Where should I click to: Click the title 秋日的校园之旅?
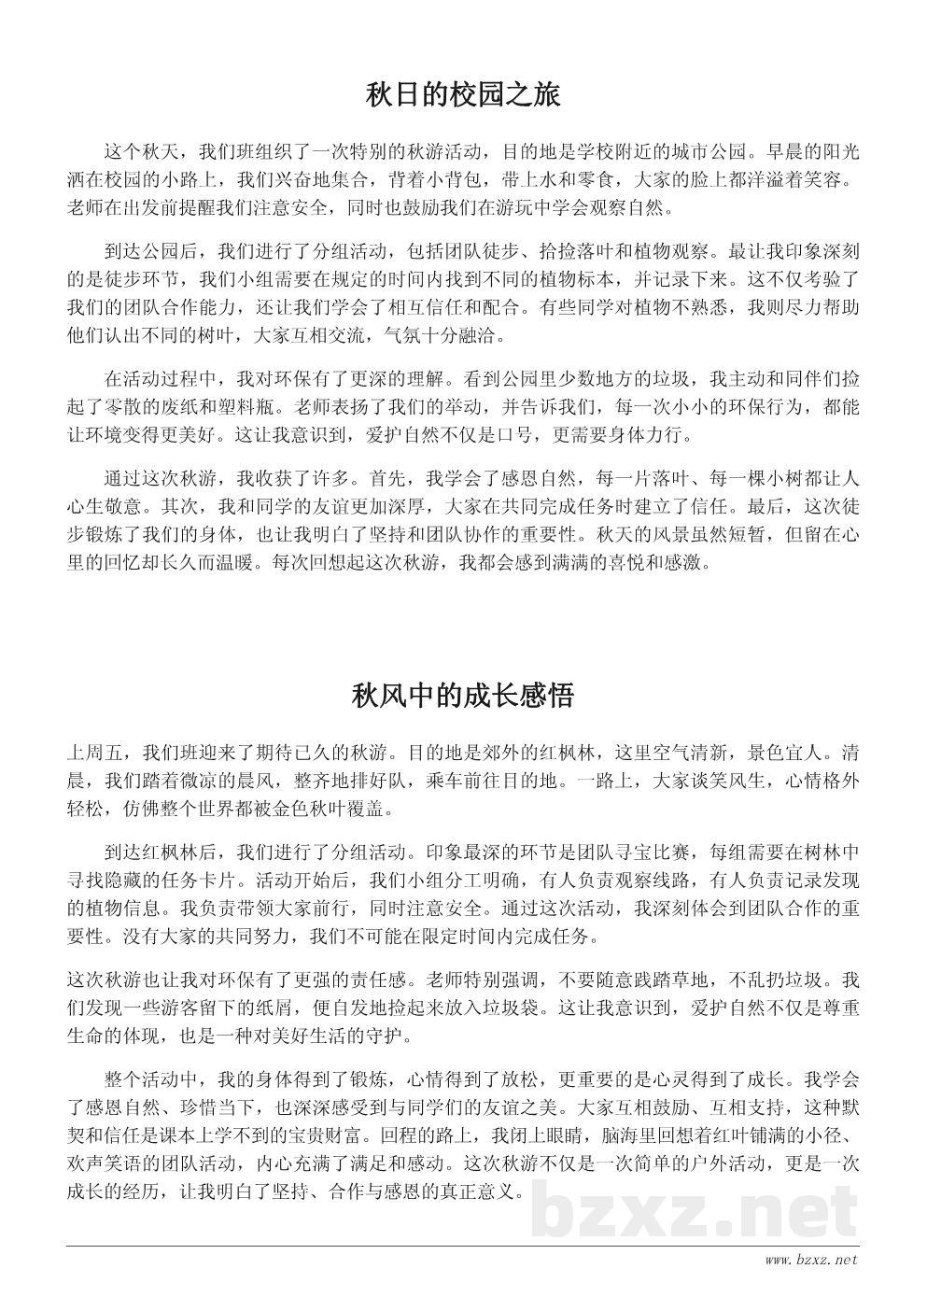click(463, 95)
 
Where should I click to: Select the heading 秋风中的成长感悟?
click(463, 696)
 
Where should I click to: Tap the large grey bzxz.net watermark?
click(694, 1211)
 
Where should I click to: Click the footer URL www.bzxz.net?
click(810, 1260)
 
